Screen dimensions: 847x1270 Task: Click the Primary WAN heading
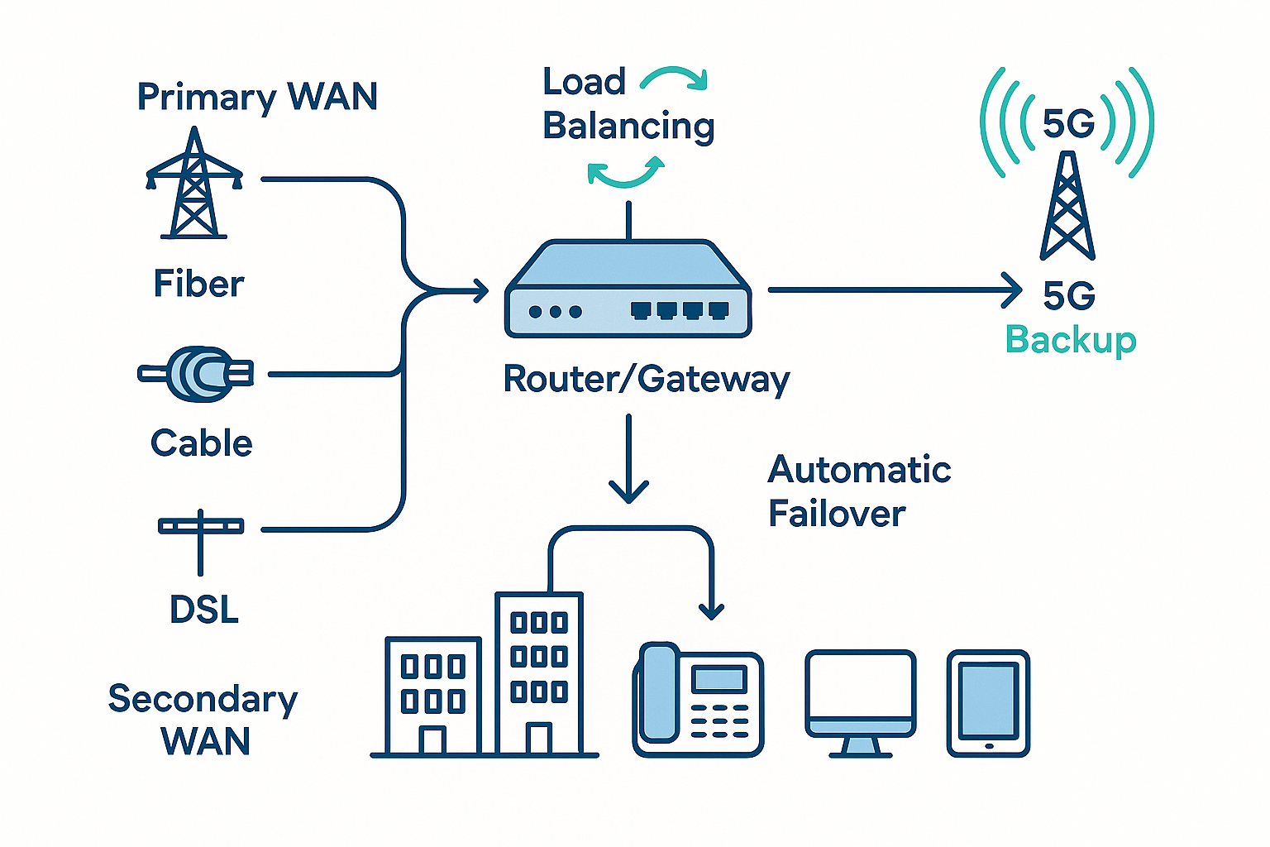pyautogui.click(x=256, y=97)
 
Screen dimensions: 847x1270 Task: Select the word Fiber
pyautogui.click(x=198, y=284)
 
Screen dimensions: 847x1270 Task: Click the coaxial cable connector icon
pyautogui.click(x=197, y=374)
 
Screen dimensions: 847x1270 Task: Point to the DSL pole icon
pyautogui.click(x=200, y=538)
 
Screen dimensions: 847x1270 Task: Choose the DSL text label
pyautogui.click(x=203, y=610)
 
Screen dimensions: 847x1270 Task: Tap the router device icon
pyautogui.click(x=628, y=290)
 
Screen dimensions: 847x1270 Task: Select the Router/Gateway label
pyautogui.click(x=647, y=379)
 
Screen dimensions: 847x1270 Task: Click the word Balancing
pyautogui.click(x=628, y=126)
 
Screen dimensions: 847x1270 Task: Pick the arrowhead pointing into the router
pyautogui.click(x=480, y=290)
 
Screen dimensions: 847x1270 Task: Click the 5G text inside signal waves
pyautogui.click(x=1067, y=124)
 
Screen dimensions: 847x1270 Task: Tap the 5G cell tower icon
pyautogui.click(x=1067, y=207)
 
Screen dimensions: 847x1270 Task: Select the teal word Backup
pyautogui.click(x=1071, y=340)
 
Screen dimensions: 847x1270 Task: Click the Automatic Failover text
pyautogui.click(x=858, y=491)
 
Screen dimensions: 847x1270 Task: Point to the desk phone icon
pyautogui.click(x=698, y=699)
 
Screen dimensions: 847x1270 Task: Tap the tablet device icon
pyautogui.click(x=988, y=702)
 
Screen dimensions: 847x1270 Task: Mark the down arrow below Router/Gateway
pyautogui.click(x=628, y=463)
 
